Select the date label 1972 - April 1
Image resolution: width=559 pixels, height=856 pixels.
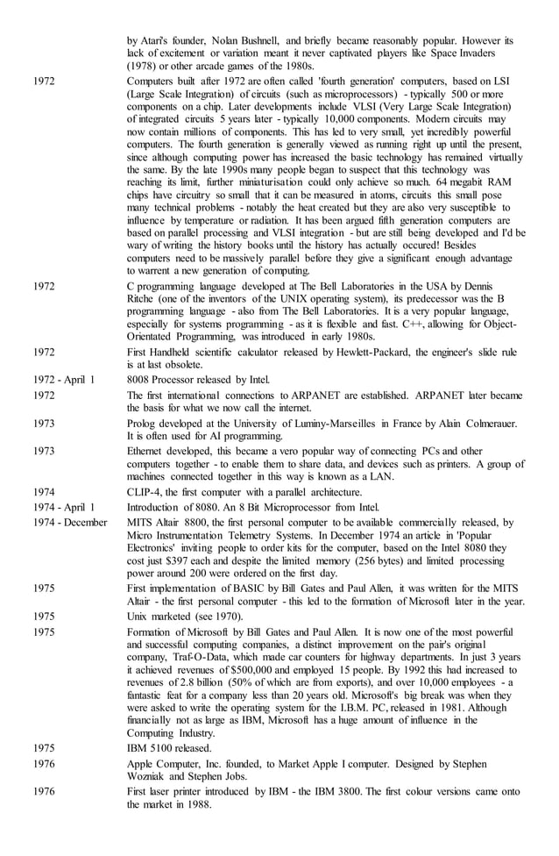[64, 380]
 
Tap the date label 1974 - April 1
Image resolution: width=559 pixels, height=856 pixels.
[64, 507]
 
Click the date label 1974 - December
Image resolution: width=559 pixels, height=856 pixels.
[70, 522]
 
